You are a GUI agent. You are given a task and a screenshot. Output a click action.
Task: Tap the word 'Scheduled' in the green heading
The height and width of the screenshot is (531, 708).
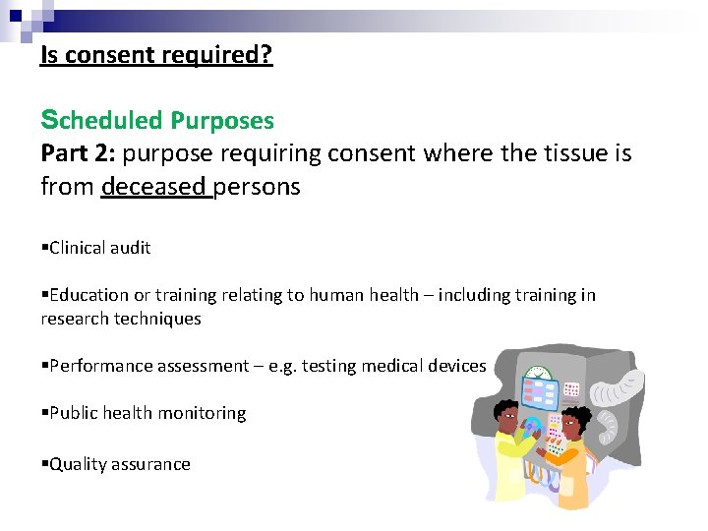(103, 121)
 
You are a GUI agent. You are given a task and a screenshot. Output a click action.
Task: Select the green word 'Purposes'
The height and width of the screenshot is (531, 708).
(222, 121)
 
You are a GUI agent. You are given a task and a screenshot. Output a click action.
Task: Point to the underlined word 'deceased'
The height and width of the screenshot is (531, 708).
(153, 186)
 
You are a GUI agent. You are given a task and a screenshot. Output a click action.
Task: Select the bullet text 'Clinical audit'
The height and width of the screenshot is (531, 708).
(99, 248)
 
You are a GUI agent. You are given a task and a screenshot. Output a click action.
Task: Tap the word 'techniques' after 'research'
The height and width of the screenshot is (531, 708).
(157, 319)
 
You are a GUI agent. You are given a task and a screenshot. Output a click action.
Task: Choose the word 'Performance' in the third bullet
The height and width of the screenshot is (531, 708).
(99, 366)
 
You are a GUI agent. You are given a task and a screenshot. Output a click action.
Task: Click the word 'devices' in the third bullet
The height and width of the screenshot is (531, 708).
(456, 366)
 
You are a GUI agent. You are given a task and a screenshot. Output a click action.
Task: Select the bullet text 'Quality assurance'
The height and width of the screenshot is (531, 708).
(119, 464)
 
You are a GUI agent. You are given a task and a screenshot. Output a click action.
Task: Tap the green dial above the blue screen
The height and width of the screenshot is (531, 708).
(536, 374)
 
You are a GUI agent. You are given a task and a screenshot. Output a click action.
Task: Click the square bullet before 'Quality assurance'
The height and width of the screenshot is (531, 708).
(44, 464)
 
